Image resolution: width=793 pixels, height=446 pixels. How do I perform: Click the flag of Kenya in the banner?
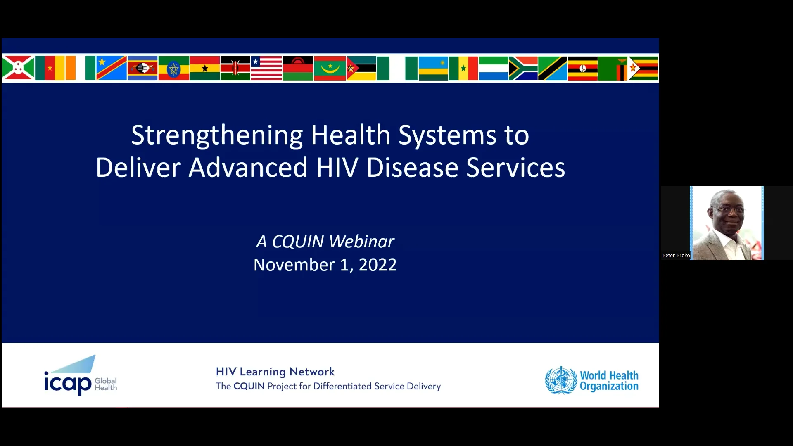pos(235,68)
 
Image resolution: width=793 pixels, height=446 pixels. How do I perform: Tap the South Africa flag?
pos(523,68)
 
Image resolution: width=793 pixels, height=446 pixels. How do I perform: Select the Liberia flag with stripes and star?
pos(266,68)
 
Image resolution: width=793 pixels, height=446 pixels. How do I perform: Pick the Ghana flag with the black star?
pos(204,68)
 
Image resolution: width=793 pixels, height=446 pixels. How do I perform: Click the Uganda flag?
pos(582,68)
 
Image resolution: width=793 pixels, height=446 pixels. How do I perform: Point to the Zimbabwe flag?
pos(643,68)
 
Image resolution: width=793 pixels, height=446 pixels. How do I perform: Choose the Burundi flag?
pos(18,68)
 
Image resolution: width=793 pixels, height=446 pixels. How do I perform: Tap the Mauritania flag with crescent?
pos(330,68)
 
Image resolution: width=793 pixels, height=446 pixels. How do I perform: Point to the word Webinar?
pos(361,242)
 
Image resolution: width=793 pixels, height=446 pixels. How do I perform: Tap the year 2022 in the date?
pos(378,265)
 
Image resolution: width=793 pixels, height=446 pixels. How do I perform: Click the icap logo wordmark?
pos(68,383)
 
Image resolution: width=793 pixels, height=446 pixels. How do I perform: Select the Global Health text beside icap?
pos(106,384)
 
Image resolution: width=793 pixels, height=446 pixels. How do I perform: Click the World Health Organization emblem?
pos(560,380)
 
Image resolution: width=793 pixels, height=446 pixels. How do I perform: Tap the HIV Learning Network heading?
pos(275,372)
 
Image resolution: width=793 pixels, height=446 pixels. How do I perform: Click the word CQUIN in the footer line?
pos(249,386)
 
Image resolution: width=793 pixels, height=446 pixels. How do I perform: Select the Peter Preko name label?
pos(676,256)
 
